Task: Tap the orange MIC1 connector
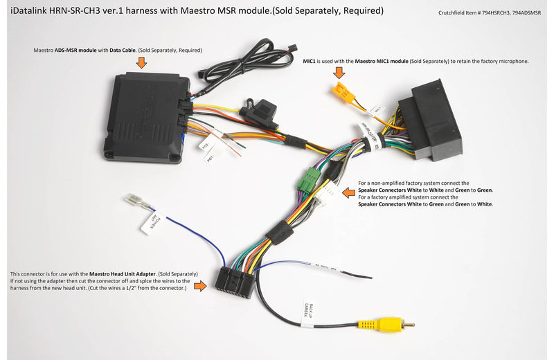pos(339,93)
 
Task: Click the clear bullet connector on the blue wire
pos(135,203)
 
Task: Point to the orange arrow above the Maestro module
pos(142,63)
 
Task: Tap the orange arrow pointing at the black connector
pos(201,285)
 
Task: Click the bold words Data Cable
pos(123,51)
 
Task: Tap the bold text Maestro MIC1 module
pos(381,61)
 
